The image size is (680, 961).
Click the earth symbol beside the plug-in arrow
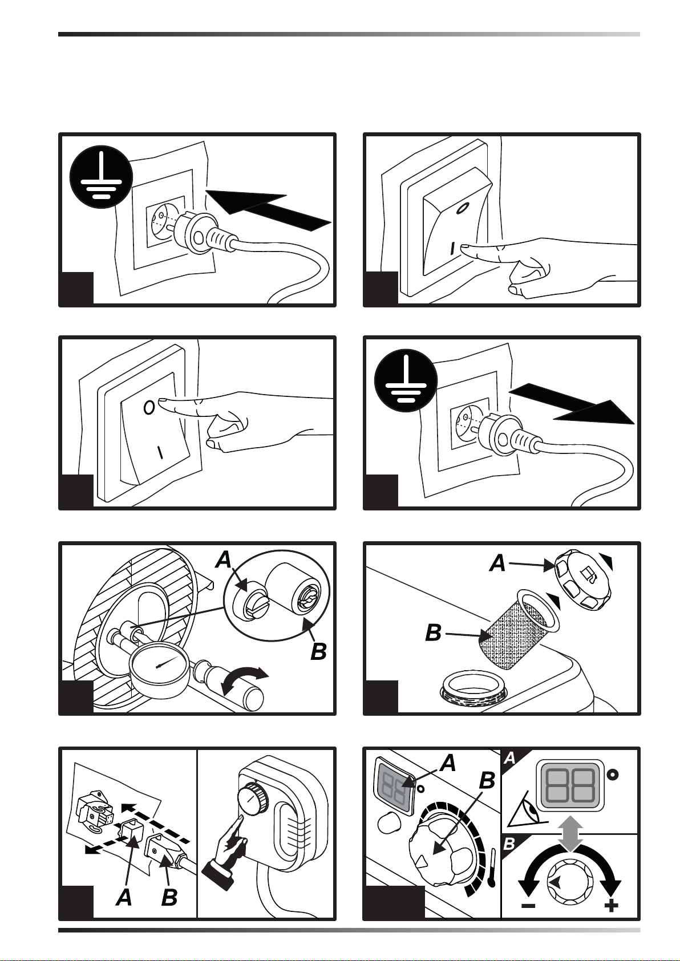coord(101,177)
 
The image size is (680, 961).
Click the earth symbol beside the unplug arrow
coord(406,380)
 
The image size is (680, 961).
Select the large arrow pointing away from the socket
coord(572,404)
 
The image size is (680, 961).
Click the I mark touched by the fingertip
coord(452,248)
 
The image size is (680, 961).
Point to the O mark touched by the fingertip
coord(149,407)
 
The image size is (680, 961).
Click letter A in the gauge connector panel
coord(224,559)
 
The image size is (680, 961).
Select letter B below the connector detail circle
coord(318,652)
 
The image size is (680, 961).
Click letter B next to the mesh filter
coord(434,633)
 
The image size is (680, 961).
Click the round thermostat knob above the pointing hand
coord(253,798)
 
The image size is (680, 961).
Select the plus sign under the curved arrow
coord(611,906)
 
